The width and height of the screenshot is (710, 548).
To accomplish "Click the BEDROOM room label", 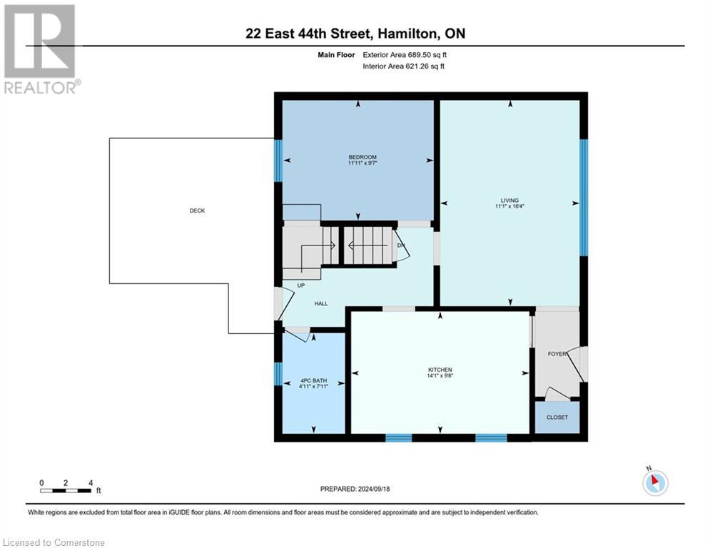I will [x=362, y=157].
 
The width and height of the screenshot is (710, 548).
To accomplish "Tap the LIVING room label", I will [x=509, y=201].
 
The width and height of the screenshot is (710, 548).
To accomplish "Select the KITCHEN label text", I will [x=440, y=370].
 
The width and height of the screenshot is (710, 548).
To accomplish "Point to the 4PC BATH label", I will [x=313, y=381].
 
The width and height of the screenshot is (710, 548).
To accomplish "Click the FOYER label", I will [x=557, y=354].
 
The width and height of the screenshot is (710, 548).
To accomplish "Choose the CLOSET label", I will [x=557, y=417].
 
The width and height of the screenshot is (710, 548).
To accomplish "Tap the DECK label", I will [x=197, y=210].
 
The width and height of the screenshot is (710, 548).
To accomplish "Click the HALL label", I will [x=321, y=304].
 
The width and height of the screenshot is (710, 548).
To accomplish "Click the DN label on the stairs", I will [x=401, y=245].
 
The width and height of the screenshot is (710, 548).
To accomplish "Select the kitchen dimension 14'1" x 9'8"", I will [x=440, y=377].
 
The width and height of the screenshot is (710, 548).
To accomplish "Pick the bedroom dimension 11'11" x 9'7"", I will [x=362, y=163].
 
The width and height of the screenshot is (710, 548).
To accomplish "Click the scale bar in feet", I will [x=66, y=490].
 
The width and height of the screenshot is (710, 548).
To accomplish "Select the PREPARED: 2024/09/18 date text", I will [x=355, y=489].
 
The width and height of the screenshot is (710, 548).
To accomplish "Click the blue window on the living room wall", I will [x=583, y=198].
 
